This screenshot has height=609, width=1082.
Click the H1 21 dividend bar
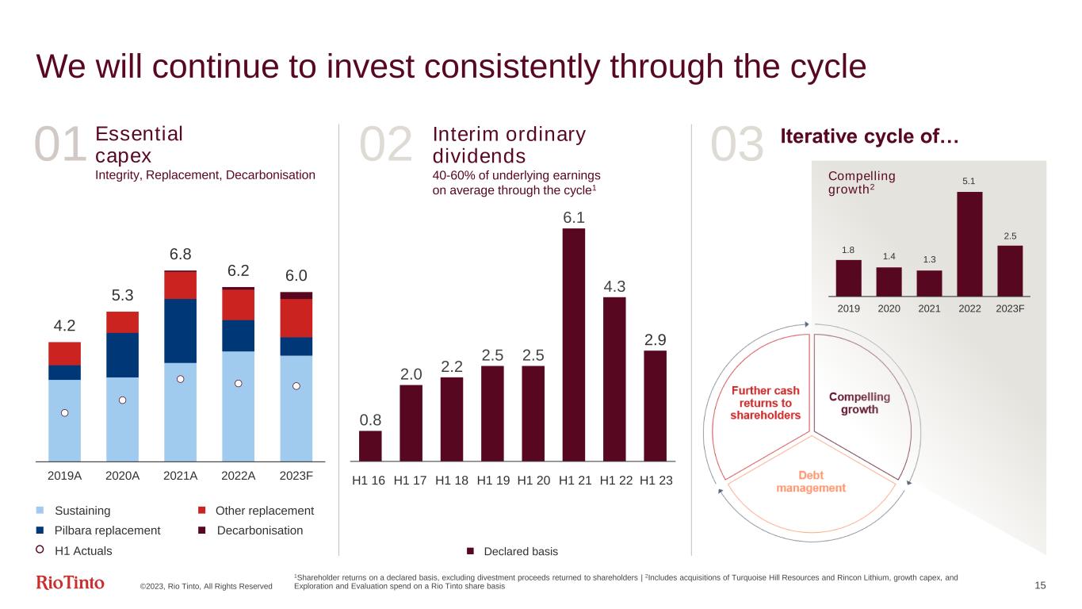click(573, 344)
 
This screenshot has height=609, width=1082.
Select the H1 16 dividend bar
click(370, 445)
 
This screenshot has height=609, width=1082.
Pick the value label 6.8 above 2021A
click(180, 255)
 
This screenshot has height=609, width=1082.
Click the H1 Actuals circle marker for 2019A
click(65, 412)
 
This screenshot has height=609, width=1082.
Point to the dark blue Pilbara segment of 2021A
click(180, 331)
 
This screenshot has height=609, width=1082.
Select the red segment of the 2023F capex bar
click(296, 318)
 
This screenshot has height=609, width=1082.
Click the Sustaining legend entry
click(81, 511)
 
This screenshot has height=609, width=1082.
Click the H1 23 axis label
click(656, 481)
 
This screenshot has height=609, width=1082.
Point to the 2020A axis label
click(122, 477)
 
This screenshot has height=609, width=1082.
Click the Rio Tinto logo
click(71, 584)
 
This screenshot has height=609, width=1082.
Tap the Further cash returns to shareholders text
click(765, 403)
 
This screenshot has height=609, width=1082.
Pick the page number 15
click(1040, 585)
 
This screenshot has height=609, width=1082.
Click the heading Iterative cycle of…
click(870, 136)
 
